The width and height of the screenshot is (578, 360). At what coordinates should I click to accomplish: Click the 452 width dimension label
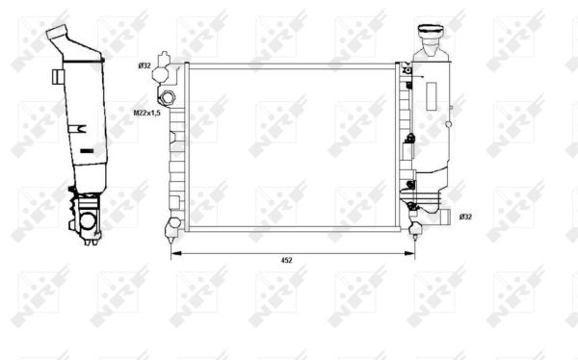(x=286, y=260)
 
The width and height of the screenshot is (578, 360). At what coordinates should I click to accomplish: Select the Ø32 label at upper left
(x=144, y=65)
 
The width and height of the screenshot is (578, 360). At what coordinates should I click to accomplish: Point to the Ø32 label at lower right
(x=465, y=217)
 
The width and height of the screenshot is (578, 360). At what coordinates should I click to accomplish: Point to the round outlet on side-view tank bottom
(x=89, y=223)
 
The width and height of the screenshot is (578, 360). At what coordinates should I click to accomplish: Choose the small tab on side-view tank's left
(x=61, y=74)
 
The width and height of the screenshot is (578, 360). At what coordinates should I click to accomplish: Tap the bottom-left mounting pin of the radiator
(x=173, y=227)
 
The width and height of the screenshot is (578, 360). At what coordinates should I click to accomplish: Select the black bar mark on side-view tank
(x=86, y=151)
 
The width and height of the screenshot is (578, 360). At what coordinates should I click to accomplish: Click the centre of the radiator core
(x=291, y=146)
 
